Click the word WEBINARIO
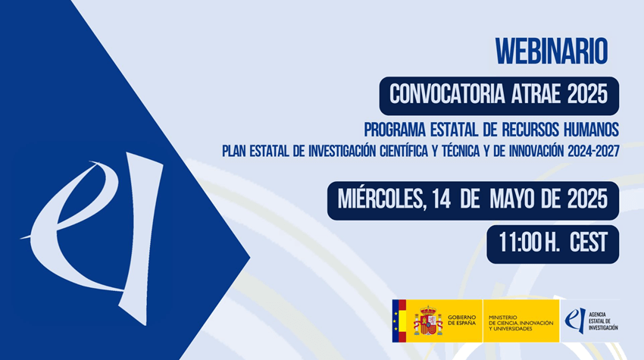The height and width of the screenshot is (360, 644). click(551, 52)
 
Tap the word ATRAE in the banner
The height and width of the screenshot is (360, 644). click(536, 95)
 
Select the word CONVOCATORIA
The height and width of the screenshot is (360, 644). click(447, 95)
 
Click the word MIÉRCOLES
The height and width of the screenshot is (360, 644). click(380, 199)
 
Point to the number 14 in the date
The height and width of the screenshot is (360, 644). click(442, 199)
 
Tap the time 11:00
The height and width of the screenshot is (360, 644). click(521, 243)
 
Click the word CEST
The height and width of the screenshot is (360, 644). click(589, 243)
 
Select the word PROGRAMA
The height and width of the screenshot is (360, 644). click(395, 130)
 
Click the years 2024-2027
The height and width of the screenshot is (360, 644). click(593, 152)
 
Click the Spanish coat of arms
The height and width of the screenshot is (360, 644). click(428, 321)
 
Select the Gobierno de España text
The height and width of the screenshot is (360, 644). click(461, 320)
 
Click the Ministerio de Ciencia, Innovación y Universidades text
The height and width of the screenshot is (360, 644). click(521, 323)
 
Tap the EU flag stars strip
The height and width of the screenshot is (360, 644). click(395, 321)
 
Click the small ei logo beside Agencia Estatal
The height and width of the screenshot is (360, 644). click(575, 321)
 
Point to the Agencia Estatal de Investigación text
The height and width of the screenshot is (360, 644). click(603, 321)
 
